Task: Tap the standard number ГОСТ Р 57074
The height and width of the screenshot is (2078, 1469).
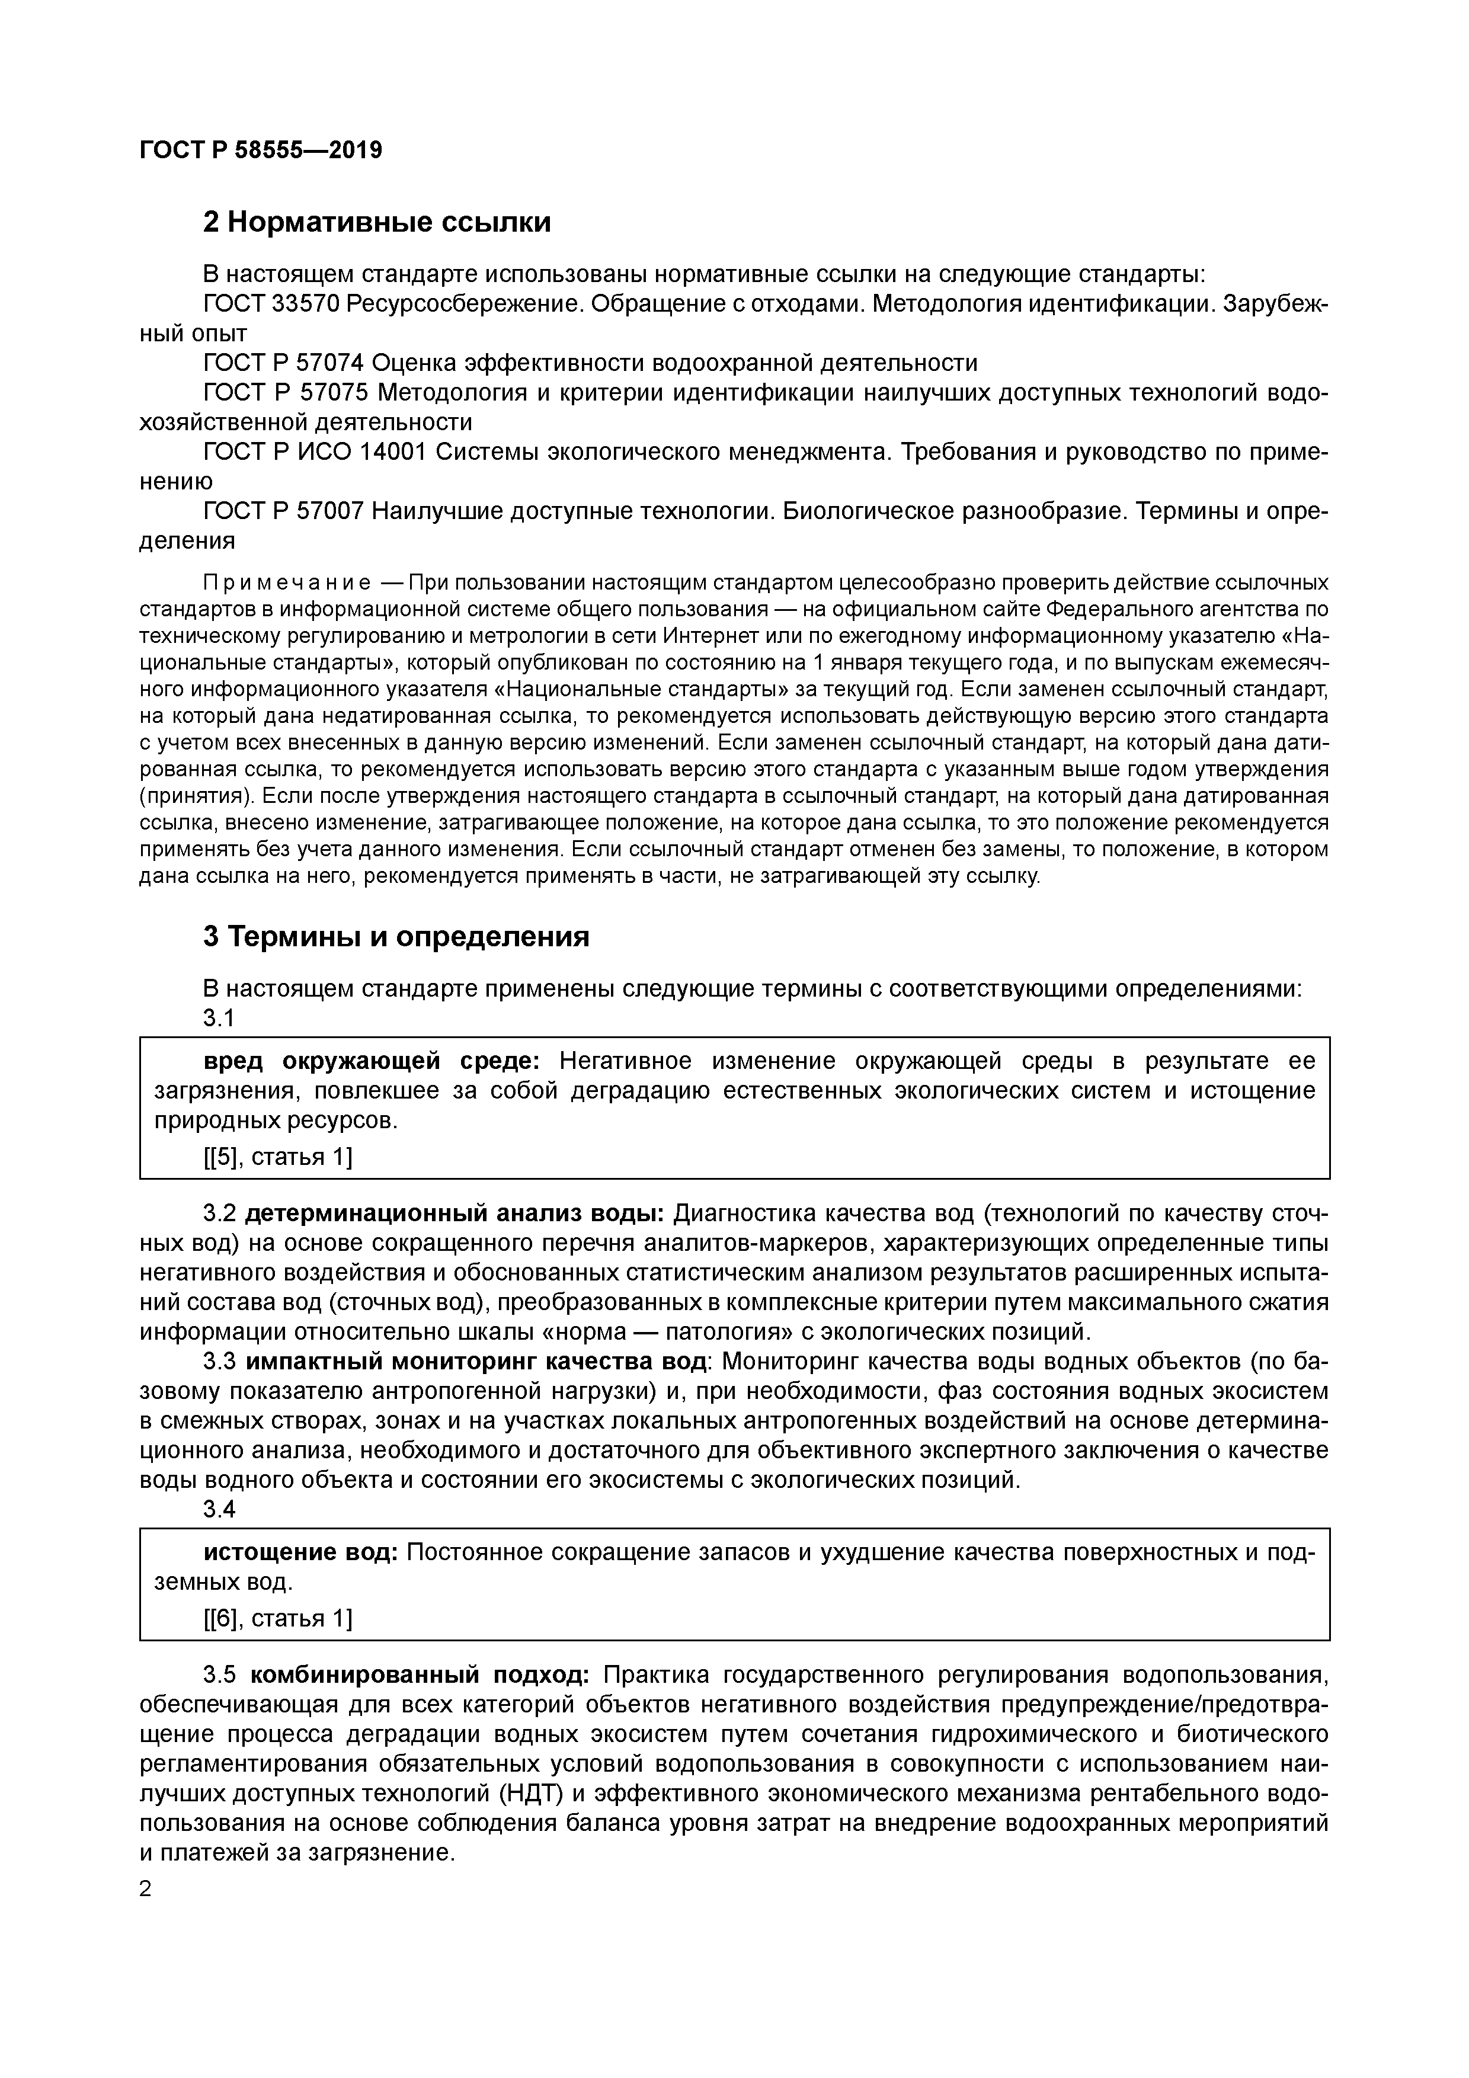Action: (x=283, y=363)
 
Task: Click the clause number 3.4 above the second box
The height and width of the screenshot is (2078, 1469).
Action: (x=219, y=1510)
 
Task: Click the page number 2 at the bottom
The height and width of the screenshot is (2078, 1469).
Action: (x=146, y=1890)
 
